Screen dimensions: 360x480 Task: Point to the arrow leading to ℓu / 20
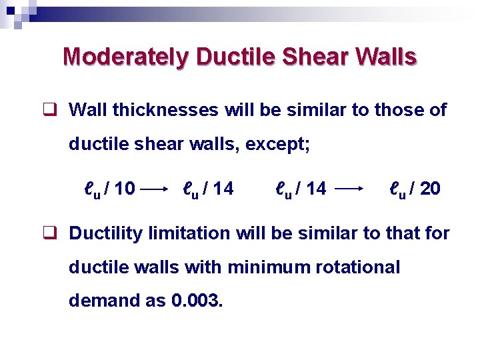351,190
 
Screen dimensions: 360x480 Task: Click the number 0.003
197,301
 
